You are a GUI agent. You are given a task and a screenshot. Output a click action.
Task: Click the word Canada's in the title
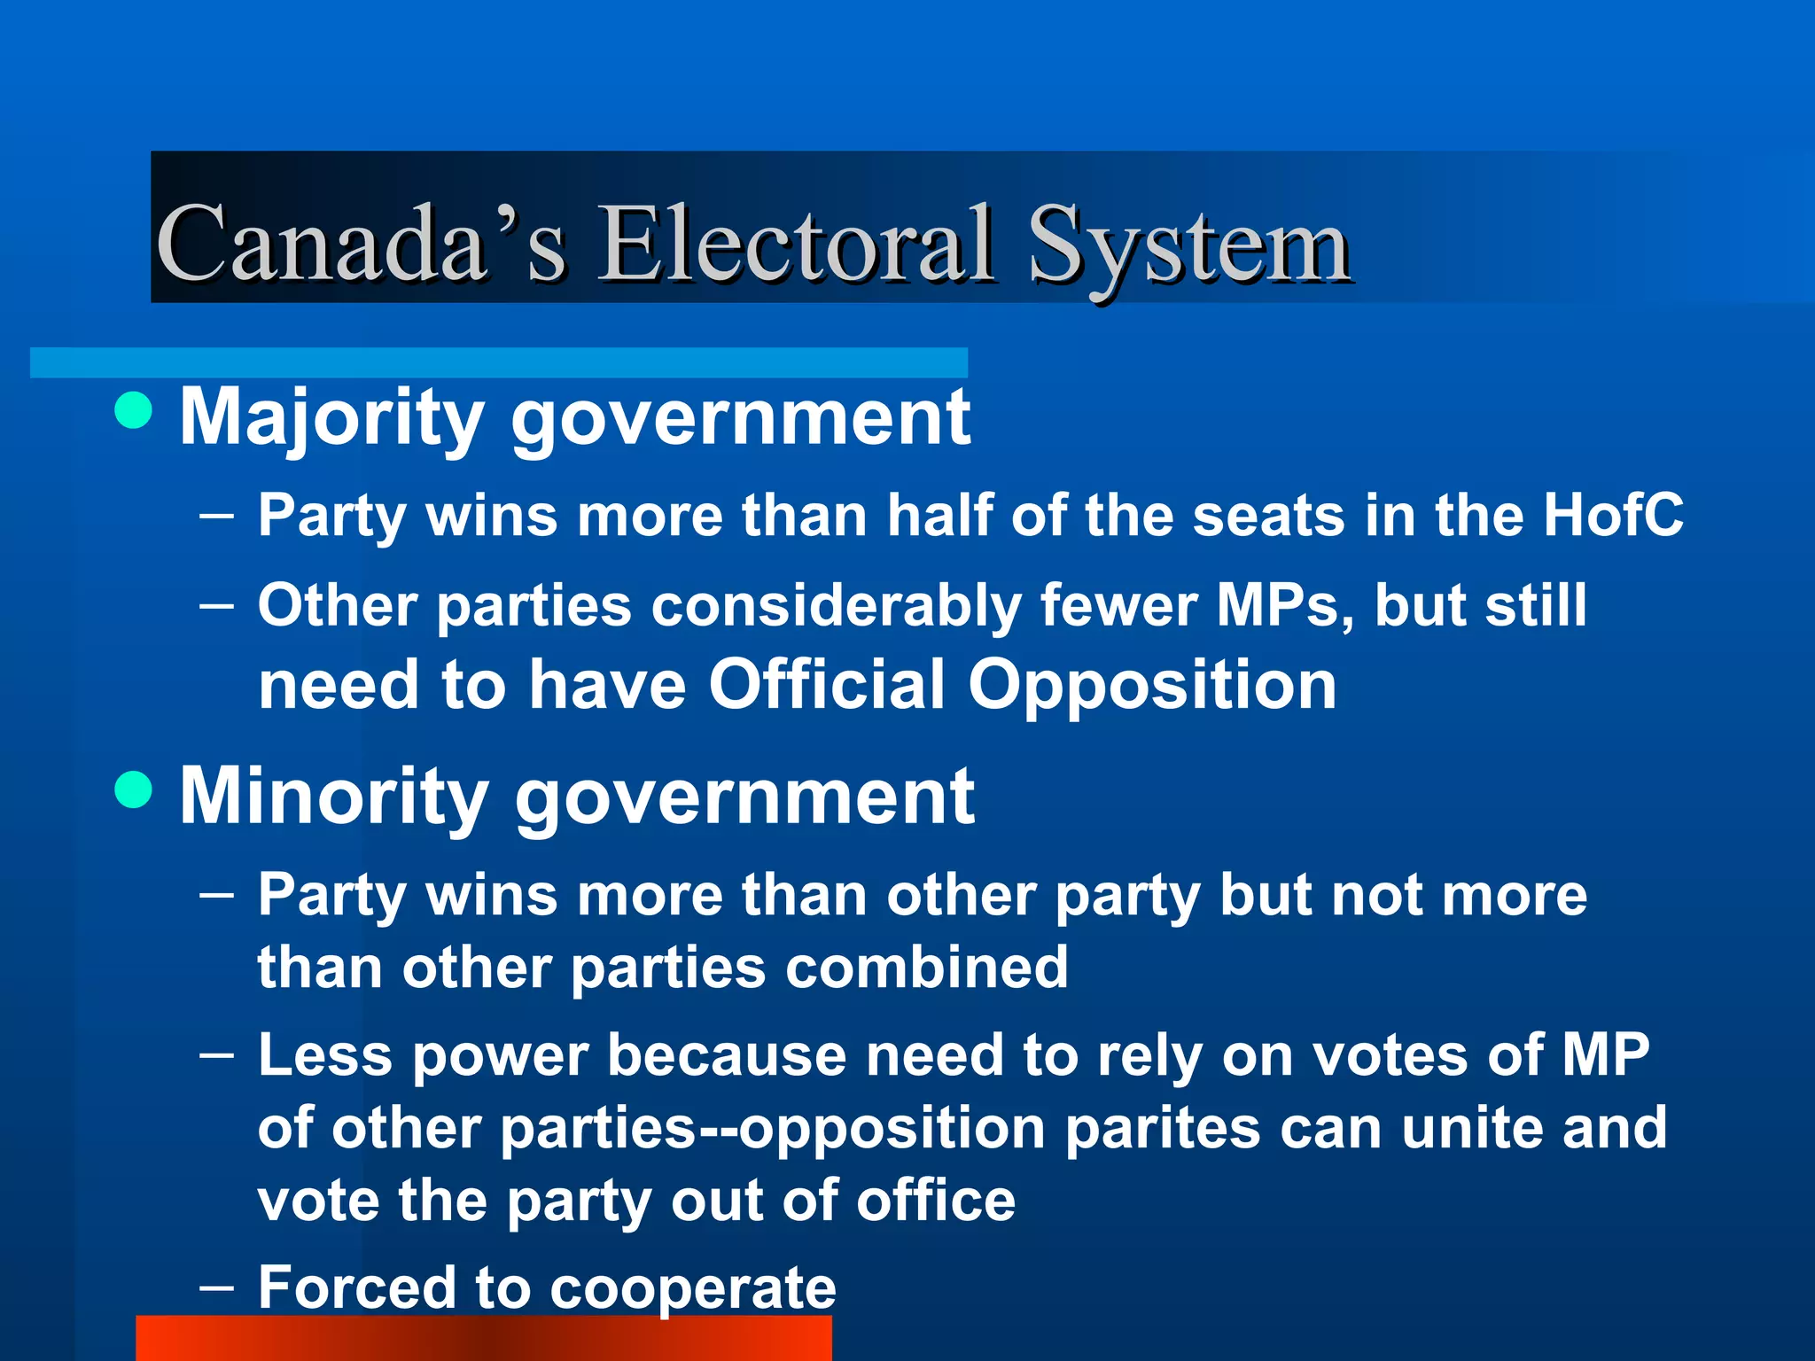(x=360, y=243)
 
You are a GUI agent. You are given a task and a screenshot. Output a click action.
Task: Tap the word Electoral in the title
(x=794, y=243)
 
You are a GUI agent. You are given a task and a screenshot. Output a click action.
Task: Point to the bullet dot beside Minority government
(x=134, y=789)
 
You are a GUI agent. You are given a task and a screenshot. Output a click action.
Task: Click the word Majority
(x=331, y=418)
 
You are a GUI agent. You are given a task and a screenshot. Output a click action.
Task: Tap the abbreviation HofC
(x=1612, y=515)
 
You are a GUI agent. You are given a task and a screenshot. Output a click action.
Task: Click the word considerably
(x=837, y=608)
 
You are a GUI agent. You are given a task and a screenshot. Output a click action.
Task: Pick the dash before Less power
(x=217, y=1054)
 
